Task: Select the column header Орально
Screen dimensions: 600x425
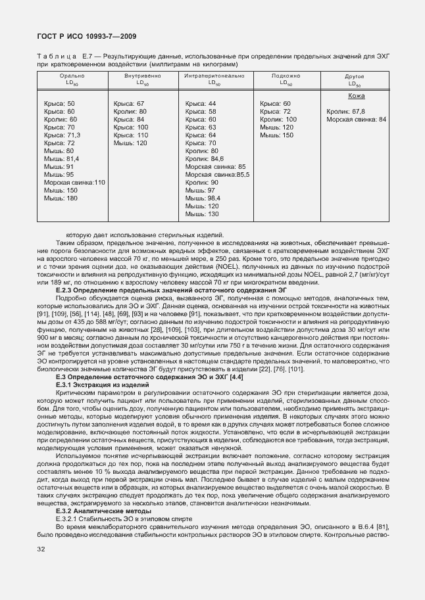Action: tap(72, 76)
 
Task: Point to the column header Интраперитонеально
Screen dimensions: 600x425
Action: tap(214, 76)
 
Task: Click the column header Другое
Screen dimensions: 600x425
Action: tap(355, 77)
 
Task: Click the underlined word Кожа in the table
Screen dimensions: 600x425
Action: tap(357, 96)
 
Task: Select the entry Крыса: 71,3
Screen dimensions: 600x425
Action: tap(62, 135)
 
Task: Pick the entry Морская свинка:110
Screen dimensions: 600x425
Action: tap(74, 182)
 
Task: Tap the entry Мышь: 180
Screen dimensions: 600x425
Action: tap(61, 198)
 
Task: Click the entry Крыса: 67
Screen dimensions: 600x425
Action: tap(129, 104)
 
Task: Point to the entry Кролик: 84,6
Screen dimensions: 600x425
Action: tap(205, 158)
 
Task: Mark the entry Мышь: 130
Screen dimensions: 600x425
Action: tap(202, 214)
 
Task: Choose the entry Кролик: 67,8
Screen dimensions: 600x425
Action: tap(345, 111)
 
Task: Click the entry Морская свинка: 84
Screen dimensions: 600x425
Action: tap(356, 119)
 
